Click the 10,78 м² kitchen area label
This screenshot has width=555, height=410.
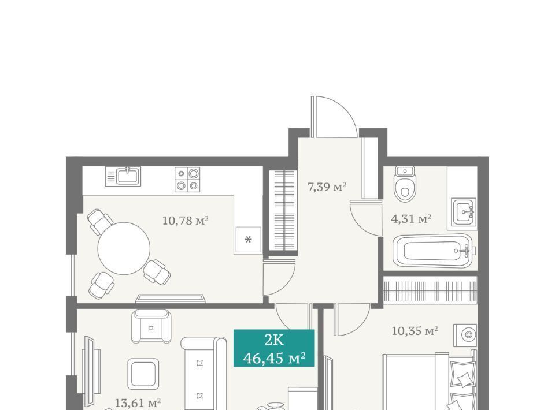click(185, 221)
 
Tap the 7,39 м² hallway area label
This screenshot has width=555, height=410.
click(327, 187)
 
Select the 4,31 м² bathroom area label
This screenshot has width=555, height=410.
click(411, 219)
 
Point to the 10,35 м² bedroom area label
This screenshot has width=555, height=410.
click(415, 331)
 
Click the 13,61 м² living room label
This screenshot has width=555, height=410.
click(138, 402)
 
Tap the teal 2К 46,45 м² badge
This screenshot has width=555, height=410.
click(274, 348)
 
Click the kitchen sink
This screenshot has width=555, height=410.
click(123, 176)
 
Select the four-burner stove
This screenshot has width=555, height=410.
click(187, 180)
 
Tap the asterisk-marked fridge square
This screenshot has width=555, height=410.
click(249, 240)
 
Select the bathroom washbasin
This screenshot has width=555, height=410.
click(464, 212)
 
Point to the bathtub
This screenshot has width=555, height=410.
click(432, 250)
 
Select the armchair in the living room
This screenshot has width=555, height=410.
click(151, 326)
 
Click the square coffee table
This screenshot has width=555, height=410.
click(143, 374)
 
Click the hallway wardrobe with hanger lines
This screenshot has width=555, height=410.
click(282, 210)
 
